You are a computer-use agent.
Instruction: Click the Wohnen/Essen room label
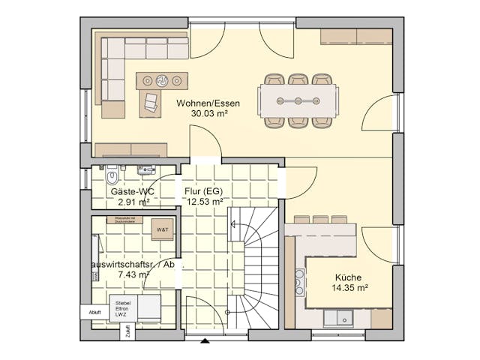(208, 103)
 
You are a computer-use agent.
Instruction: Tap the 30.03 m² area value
(208, 114)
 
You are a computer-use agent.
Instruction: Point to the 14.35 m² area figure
(349, 288)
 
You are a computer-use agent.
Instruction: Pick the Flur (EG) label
(203, 191)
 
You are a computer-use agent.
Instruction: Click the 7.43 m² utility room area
(134, 275)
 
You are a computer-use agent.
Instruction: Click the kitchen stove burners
(300, 282)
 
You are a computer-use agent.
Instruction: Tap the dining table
(298, 100)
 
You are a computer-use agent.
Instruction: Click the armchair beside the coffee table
(151, 103)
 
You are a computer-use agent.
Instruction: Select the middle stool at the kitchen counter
(319, 220)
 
